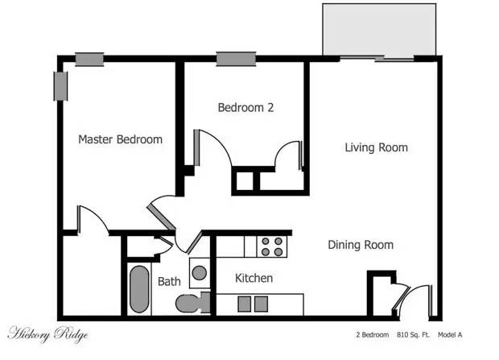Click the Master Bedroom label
click(120, 139)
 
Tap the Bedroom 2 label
click(245, 107)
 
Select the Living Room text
click(376, 147)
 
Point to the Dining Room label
click(360, 245)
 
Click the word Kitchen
click(254, 279)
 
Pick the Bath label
click(169, 282)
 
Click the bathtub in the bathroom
click(139, 290)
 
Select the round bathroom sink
click(199, 272)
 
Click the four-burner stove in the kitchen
click(270, 246)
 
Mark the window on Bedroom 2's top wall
click(232, 59)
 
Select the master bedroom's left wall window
click(60, 86)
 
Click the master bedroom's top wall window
click(89, 59)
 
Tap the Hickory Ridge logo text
click(47, 334)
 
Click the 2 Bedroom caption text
click(372, 334)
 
